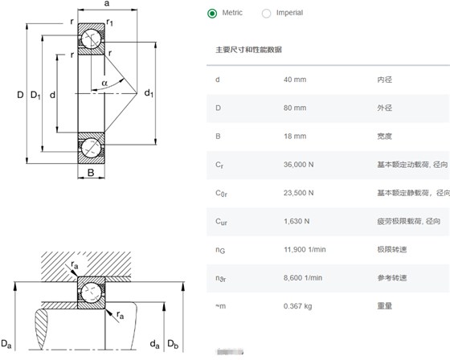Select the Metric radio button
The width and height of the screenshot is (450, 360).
pyautogui.click(x=212, y=13)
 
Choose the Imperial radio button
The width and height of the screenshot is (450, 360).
pyautogui.click(x=266, y=13)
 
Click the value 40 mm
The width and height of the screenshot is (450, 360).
pyautogui.click(x=295, y=80)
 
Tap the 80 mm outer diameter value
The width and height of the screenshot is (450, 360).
pyautogui.click(x=295, y=108)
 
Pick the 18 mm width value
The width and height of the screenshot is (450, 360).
pyautogui.click(x=295, y=136)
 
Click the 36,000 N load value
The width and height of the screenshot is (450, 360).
pyautogui.click(x=298, y=165)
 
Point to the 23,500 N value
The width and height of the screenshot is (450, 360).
pyautogui.click(x=298, y=193)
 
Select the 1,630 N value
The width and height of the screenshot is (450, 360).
pyautogui.click(x=297, y=221)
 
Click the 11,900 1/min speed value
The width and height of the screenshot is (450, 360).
pyautogui.click(x=305, y=249)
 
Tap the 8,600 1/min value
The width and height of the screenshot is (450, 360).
pyautogui.click(x=303, y=277)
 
